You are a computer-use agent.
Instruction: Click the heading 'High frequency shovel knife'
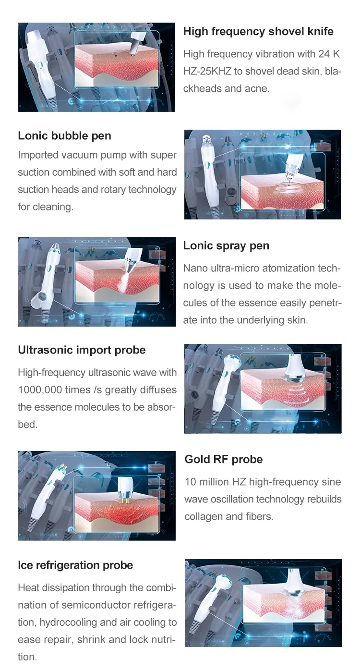pyautogui.click(x=258, y=32)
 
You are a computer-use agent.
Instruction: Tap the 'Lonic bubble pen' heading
pyautogui.click(x=64, y=136)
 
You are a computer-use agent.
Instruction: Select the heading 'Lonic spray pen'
pyautogui.click(x=226, y=246)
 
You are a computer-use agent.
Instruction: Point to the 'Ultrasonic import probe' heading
pyautogui.click(x=82, y=350)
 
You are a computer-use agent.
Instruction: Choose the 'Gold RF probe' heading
pyautogui.click(x=224, y=460)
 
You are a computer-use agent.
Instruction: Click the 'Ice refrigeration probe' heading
pyautogui.click(x=75, y=565)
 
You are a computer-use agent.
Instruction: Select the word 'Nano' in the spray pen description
pyautogui.click(x=195, y=268)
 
